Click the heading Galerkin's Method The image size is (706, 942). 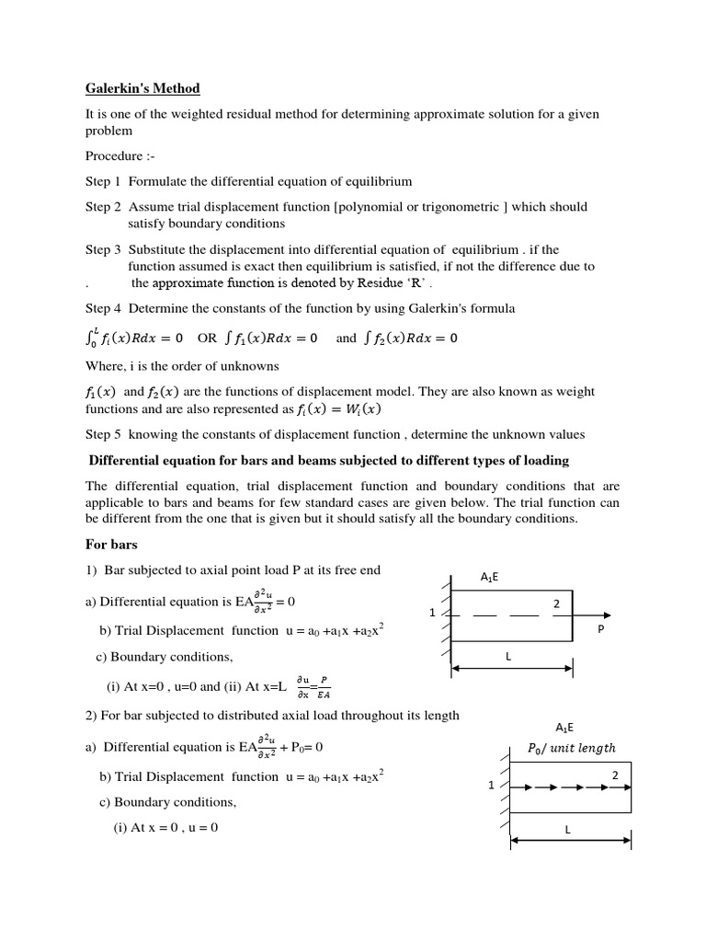pos(142,88)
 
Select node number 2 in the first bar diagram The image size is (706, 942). pos(555,603)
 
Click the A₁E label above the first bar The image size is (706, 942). pos(490,577)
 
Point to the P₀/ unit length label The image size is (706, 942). pos(571,748)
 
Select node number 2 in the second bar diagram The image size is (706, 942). pos(614,775)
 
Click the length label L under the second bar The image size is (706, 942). pos(568,830)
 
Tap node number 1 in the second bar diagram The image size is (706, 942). pos(492,786)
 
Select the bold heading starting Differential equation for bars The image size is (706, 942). pos(328,460)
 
